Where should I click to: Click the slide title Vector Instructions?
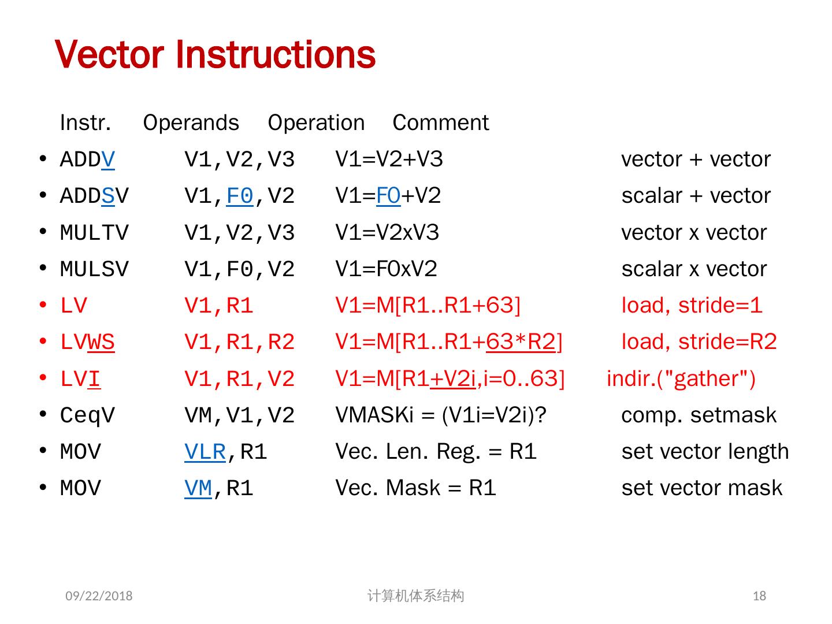215,55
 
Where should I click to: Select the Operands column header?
191,122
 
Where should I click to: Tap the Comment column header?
440,122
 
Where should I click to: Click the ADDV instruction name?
87,159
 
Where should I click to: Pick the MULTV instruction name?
94,233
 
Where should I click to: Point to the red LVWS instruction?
87,342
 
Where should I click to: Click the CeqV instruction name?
87,415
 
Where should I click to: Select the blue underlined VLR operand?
205,452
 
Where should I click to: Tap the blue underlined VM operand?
198,488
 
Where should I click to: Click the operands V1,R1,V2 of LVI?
239,379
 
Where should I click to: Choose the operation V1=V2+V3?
389,159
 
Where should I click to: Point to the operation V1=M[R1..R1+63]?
428,306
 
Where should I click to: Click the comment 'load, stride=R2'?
699,342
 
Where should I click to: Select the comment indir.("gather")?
681,379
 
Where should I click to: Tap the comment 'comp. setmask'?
699,415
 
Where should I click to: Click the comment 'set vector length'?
705,452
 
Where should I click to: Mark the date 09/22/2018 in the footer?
99,596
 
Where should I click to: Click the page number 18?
759,596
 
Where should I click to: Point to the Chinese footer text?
415,596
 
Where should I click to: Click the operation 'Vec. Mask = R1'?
415,488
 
